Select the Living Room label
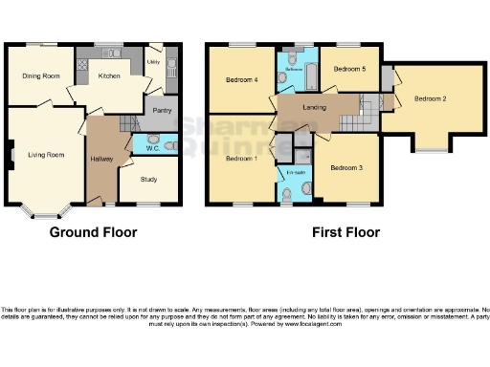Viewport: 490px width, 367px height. (45, 154)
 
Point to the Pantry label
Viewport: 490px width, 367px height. (161, 111)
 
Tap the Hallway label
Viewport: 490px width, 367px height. (102, 158)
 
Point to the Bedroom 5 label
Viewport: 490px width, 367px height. (349, 69)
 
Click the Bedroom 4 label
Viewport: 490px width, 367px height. (241, 79)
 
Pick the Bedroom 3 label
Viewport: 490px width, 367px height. (345, 167)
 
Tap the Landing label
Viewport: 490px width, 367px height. (313, 108)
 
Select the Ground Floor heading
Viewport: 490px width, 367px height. (93, 232)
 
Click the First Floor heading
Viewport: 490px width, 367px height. (345, 232)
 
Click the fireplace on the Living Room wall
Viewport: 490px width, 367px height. (10, 152)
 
